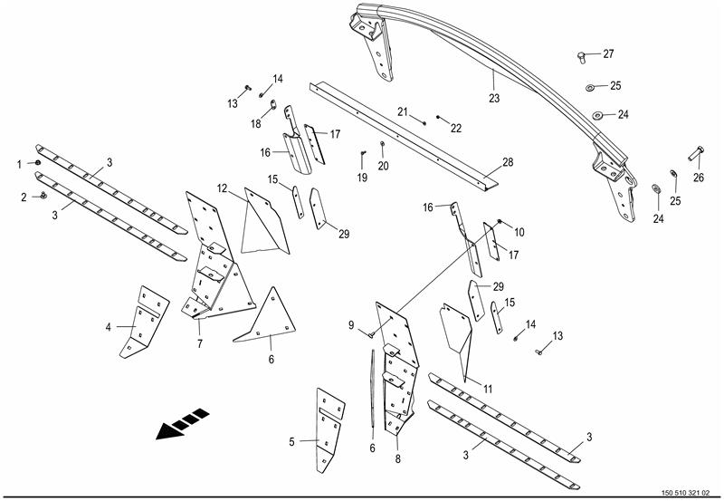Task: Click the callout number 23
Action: point(494,99)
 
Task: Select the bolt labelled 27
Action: point(581,58)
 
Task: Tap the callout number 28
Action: point(508,162)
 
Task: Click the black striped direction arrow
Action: point(183,423)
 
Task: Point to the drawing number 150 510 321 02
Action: point(686,493)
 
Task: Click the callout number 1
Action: point(19,164)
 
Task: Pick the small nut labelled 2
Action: point(43,195)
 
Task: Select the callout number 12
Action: point(223,188)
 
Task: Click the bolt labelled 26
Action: point(695,153)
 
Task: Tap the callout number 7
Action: point(199,344)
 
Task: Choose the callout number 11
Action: point(488,390)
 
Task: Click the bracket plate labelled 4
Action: point(144,322)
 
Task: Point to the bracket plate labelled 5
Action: point(329,429)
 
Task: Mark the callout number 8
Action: point(397,459)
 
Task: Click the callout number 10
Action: point(519,232)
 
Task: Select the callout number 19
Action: point(362,178)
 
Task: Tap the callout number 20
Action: point(383,166)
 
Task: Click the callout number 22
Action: point(456,129)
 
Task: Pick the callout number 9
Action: point(351,325)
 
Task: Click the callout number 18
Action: point(256,124)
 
